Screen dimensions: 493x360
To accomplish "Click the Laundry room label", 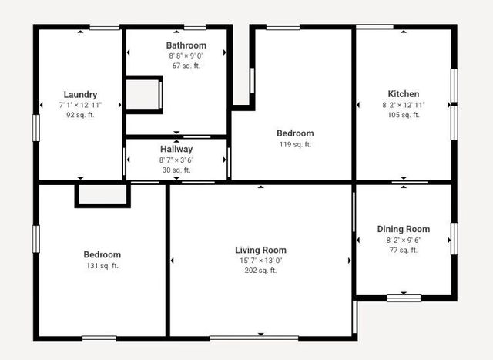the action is click(80, 94).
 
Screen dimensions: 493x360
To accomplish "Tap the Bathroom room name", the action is click(186, 45).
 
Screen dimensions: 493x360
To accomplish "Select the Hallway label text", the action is click(176, 149).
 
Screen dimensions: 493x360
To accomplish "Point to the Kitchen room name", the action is click(404, 94).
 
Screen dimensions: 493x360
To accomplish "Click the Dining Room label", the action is click(404, 229).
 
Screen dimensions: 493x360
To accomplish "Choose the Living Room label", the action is click(260, 251).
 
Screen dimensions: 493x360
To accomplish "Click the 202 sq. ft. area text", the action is click(260, 271).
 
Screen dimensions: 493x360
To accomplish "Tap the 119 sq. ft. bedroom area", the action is click(295, 144).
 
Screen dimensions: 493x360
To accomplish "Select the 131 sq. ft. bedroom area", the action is click(102, 266).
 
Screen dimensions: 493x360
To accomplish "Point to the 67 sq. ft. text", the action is click(186, 66).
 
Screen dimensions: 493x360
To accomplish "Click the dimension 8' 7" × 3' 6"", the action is click(176, 160).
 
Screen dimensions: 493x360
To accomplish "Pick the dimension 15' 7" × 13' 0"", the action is click(260, 261).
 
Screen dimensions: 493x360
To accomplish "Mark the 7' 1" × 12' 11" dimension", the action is click(80, 105).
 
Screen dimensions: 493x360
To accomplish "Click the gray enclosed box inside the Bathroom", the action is click(143, 95).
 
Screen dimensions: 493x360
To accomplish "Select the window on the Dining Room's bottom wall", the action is click(404, 298).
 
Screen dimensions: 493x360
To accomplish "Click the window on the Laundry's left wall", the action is click(36, 128).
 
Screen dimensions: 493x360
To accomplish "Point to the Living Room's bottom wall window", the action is click(254, 338).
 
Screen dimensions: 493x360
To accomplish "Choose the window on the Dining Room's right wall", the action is click(454, 238).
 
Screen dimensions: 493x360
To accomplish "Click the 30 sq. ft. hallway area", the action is click(176, 170).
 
